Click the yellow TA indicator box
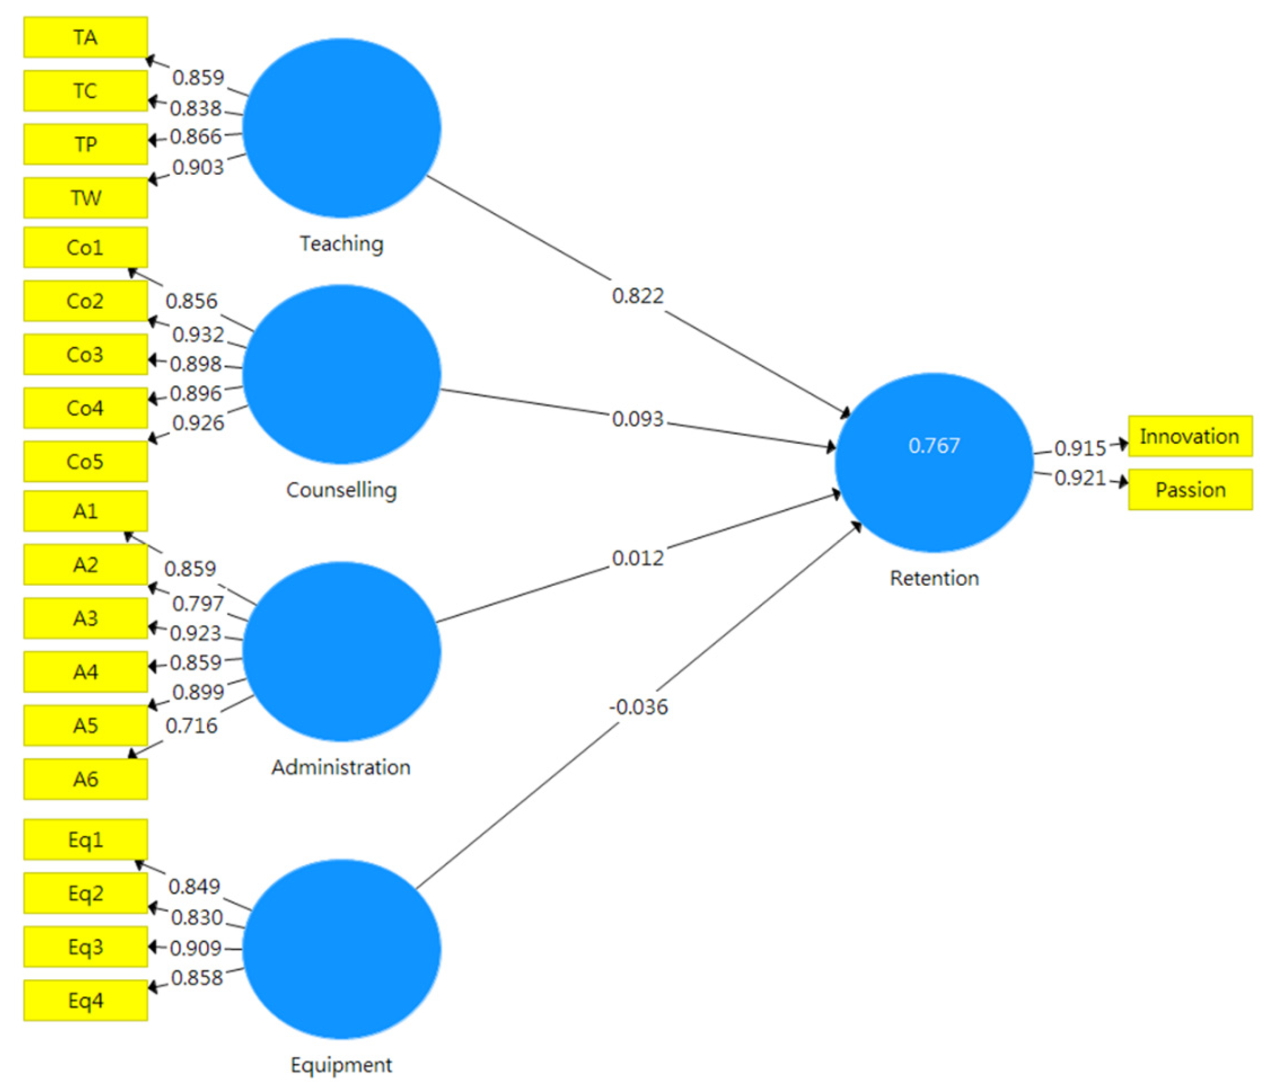click(x=85, y=38)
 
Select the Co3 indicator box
click(x=85, y=355)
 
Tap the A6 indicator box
click(x=85, y=779)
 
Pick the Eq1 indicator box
click(x=85, y=839)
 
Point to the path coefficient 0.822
click(x=637, y=296)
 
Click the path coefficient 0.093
click(x=637, y=419)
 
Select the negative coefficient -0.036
click(x=638, y=707)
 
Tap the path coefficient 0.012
click(x=637, y=559)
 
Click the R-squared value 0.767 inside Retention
click(x=934, y=446)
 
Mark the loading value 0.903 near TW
click(x=197, y=167)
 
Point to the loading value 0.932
click(x=197, y=335)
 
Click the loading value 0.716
click(x=191, y=726)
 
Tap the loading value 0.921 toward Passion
click(x=1080, y=478)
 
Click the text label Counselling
click(x=341, y=490)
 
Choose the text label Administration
click(x=341, y=767)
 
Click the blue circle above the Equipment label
click(x=342, y=949)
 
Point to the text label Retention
click(x=934, y=578)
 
